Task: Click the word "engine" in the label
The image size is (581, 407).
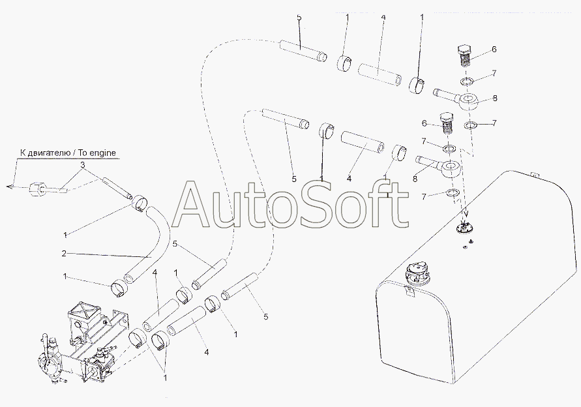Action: point(104,153)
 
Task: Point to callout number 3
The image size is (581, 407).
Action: point(82,164)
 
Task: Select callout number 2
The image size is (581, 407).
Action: point(64,254)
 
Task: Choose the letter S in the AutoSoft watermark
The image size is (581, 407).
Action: point(319,205)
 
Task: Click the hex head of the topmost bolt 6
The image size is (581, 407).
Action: point(464,50)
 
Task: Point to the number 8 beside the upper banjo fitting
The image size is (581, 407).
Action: point(495,98)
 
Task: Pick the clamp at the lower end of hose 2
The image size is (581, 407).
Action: point(120,288)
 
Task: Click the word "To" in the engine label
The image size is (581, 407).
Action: point(85,153)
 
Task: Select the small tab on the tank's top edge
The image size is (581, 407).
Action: point(533,174)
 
